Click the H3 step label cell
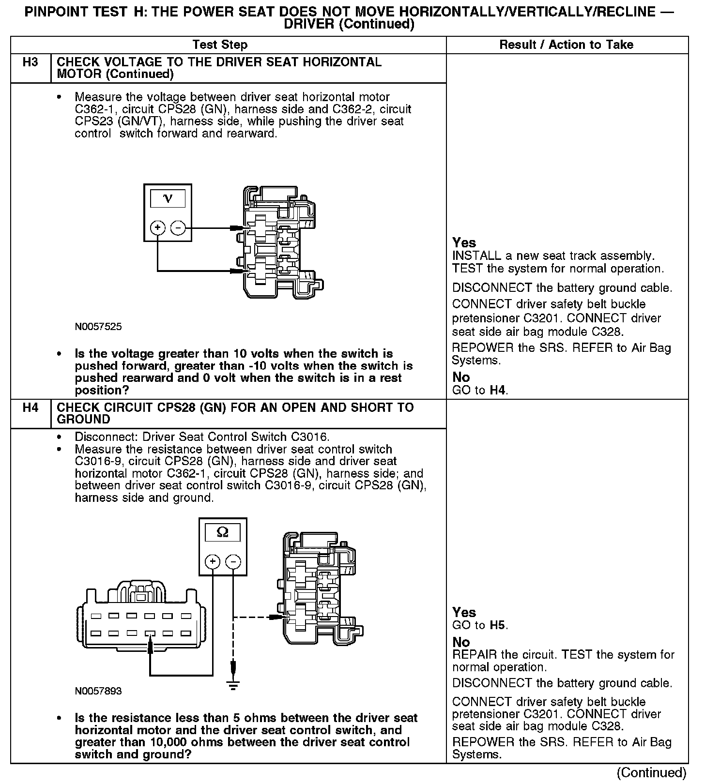tap(31, 62)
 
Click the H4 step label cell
tap(31, 407)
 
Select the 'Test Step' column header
tap(220, 45)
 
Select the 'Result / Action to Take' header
tap(566, 45)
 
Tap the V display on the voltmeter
tap(168, 198)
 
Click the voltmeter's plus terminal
tap(157, 227)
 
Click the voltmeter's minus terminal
tap(178, 227)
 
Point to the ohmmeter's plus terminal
tap(213, 561)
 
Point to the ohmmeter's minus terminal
tap(233, 561)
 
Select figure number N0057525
tap(98, 327)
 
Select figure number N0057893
tap(98, 691)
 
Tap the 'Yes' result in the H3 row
tap(464, 242)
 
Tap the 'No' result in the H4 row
tap(461, 642)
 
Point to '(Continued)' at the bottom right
tap(652, 772)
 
